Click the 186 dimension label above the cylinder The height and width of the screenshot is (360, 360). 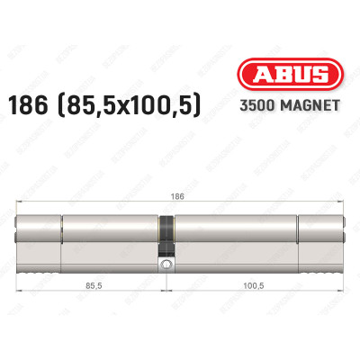(180, 193)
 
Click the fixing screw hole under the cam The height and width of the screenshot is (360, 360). (166, 265)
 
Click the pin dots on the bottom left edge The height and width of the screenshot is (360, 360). (41, 267)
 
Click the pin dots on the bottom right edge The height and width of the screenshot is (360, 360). (322, 267)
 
